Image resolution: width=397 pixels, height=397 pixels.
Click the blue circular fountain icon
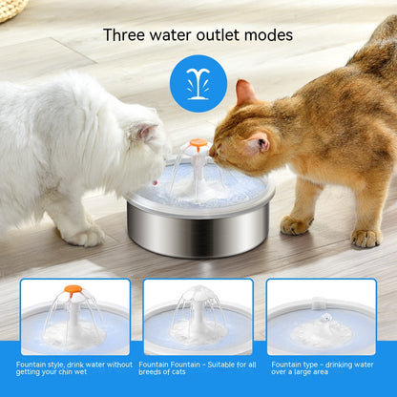pyautogui.click(x=198, y=82)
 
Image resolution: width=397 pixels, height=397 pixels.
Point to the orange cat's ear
pyautogui.click(x=245, y=94)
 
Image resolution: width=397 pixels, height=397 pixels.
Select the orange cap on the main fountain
pyautogui.click(x=198, y=144)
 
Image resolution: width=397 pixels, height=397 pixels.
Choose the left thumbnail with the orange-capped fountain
pyautogui.click(x=74, y=315)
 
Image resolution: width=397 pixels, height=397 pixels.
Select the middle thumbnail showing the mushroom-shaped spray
pyautogui.click(x=198, y=315)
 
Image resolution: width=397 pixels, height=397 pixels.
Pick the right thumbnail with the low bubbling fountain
pyautogui.click(x=321, y=315)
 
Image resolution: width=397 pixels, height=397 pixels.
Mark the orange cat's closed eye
pyautogui.click(x=227, y=135)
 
